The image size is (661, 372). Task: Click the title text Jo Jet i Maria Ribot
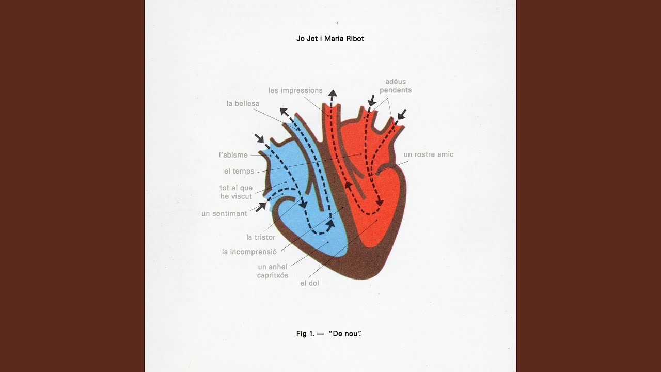coord(330,39)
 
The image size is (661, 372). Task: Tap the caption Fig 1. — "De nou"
coord(329,334)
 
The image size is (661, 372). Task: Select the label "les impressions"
coord(295,90)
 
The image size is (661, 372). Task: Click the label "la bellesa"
coord(243,104)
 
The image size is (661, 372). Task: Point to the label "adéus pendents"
coord(396,86)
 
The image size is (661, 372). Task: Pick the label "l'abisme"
coord(233,155)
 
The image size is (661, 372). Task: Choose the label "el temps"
coord(239,171)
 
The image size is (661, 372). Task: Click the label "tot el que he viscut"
coord(236,192)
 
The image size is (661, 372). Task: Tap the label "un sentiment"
coord(224,213)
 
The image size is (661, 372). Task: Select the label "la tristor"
coord(261,237)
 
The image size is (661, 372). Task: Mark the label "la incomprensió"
coord(249,252)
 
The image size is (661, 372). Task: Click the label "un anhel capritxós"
coord(273,271)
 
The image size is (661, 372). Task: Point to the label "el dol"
coord(309,283)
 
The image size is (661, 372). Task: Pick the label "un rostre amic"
coord(429,154)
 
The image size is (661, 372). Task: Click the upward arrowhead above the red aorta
coord(333,94)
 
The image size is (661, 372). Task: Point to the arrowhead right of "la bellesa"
coord(285,113)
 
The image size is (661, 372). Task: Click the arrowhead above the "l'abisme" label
coord(260,138)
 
